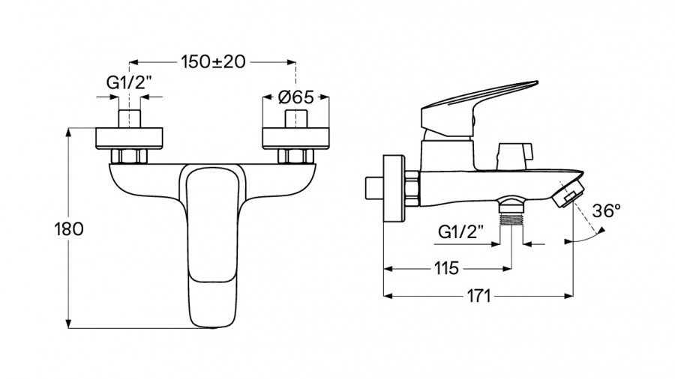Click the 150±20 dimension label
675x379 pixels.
(x=213, y=62)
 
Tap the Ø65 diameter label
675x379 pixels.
(x=296, y=97)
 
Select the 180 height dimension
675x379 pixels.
(x=69, y=229)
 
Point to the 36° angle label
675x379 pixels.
(x=606, y=211)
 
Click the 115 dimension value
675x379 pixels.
(x=446, y=269)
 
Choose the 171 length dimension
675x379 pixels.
(x=478, y=296)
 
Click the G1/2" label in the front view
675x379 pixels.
(x=129, y=82)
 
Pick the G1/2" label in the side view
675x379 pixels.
(x=460, y=232)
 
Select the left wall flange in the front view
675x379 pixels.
(x=129, y=139)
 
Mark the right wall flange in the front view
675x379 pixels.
(x=295, y=139)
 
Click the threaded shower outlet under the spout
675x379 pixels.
(x=511, y=210)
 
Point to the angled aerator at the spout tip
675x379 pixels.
(x=568, y=192)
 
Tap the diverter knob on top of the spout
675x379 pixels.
(x=514, y=156)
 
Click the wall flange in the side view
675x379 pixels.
(x=394, y=188)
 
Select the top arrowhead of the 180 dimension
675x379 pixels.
(x=68, y=133)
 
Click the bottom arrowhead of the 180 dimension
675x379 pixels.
(x=68, y=324)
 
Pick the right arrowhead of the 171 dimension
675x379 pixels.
(x=568, y=296)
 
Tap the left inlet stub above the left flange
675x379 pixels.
(x=130, y=118)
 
